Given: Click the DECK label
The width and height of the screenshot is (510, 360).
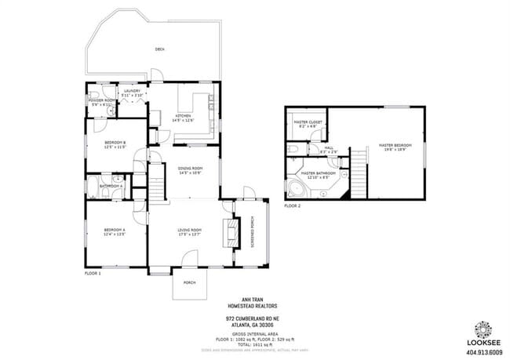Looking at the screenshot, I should pyautogui.click(x=159, y=49).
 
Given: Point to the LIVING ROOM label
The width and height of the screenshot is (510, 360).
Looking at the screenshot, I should pyautogui.click(x=191, y=231).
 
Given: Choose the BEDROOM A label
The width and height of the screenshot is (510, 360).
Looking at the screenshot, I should pyautogui.click(x=115, y=231).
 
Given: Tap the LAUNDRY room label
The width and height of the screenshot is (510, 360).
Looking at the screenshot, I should pyautogui.click(x=131, y=92).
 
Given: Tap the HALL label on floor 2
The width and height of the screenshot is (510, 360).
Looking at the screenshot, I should pyautogui.click(x=329, y=149).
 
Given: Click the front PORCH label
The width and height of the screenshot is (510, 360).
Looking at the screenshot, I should pyautogui.click(x=189, y=282).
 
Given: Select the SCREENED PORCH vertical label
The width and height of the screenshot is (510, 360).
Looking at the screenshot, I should pyautogui.click(x=252, y=231).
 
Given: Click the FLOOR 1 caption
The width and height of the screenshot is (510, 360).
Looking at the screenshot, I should pyautogui.click(x=93, y=273).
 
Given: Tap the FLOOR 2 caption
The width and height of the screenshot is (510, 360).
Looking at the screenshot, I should pyautogui.click(x=292, y=205).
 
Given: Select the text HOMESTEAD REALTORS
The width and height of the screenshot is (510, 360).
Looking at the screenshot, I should pyautogui.click(x=248, y=305).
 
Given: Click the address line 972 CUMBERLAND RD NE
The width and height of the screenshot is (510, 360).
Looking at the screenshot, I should pyautogui.click(x=248, y=319).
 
